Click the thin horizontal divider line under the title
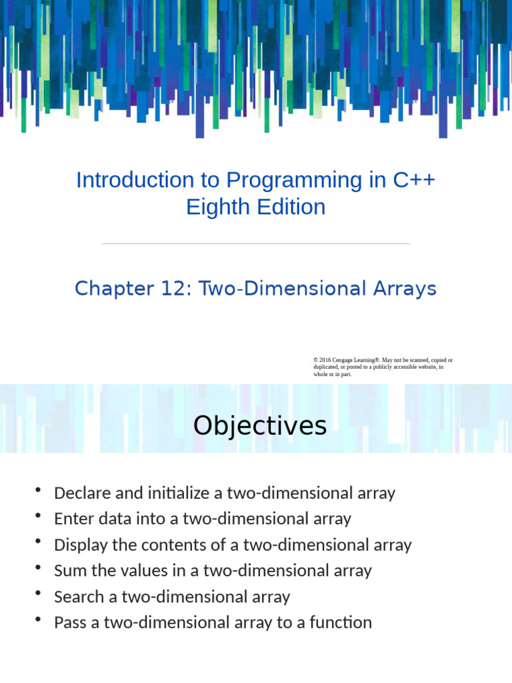pyautogui.click(x=256, y=244)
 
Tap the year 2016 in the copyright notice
pyautogui.click(x=325, y=360)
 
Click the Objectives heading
pyautogui.click(x=260, y=426)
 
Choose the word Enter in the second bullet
pyautogui.click(x=71, y=519)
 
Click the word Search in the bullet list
pyautogui.click(x=79, y=596)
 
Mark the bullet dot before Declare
pyautogui.click(x=39, y=492)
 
